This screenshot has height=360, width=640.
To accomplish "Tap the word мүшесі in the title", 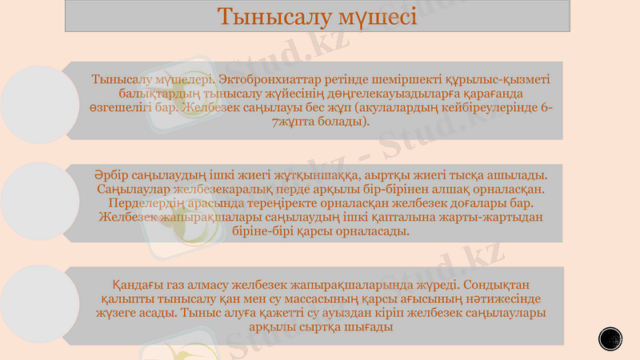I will tap(376, 17).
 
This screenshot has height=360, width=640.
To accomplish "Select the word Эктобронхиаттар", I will tap(268, 80).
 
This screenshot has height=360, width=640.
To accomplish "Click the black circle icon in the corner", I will tap(610, 338).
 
